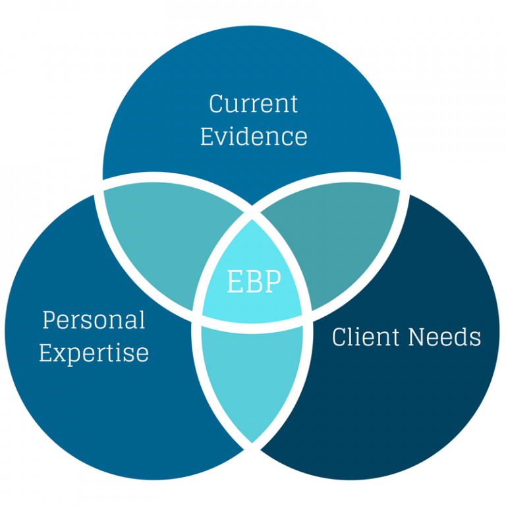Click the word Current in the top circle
pos(253,104)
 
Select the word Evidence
pos(253,136)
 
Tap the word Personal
pos(93,321)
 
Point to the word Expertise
pos(93,353)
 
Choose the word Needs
pos(445,337)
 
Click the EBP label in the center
pos(254,282)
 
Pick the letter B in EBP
pos(254,282)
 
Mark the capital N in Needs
pos(418,337)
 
